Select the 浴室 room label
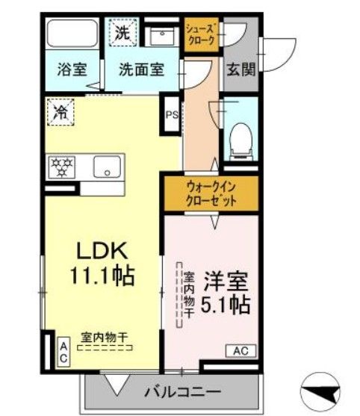click(72, 71)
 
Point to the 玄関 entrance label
click(241, 71)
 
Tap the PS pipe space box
click(172, 114)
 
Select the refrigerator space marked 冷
click(59, 113)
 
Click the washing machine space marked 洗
click(122, 34)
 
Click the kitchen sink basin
click(108, 167)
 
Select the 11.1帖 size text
click(102, 277)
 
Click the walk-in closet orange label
click(211, 194)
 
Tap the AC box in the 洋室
click(240, 350)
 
